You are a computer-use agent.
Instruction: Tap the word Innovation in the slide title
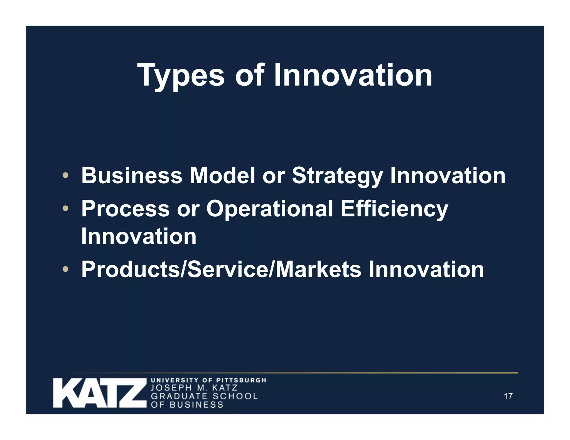353,75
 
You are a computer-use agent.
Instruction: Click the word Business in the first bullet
132,175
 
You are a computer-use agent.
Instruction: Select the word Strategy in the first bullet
337,176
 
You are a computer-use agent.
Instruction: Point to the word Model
222,175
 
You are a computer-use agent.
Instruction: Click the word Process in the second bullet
125,209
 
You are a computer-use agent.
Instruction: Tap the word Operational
269,209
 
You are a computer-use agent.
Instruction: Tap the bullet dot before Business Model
65,175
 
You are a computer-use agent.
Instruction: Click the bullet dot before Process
65,208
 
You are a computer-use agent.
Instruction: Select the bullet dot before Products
65,269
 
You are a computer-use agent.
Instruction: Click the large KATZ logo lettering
100,393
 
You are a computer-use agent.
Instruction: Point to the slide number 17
508,396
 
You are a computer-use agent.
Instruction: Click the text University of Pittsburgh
208,380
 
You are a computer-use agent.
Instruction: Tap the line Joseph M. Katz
194,388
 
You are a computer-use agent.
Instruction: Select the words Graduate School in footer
204,396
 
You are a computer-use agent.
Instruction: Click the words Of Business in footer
187,404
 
